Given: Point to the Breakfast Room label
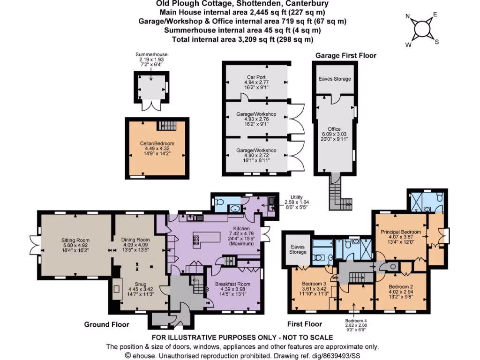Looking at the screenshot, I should (232, 284).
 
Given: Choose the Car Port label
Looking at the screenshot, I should (256, 77).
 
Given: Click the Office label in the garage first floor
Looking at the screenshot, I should (334, 129).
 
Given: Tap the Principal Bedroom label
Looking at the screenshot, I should (400, 232).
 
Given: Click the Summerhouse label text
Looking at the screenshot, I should (151, 55).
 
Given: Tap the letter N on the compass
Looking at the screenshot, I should (407, 18).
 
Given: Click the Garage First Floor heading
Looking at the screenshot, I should (345, 55).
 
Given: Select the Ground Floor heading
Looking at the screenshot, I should (106, 324).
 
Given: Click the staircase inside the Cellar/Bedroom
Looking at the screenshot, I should (165, 125).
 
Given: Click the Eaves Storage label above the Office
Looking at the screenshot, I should (335, 79).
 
